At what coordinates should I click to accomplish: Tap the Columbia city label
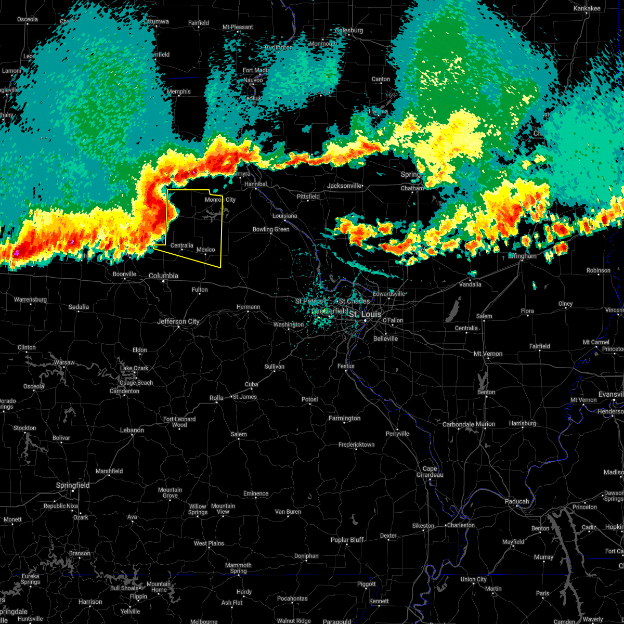(163, 276)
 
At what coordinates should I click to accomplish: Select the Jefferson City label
(178, 321)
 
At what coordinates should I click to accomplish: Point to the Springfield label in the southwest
(73, 485)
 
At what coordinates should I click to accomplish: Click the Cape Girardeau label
(430, 472)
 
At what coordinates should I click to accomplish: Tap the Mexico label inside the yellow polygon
(206, 250)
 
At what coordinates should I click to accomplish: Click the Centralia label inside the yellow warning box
(181, 245)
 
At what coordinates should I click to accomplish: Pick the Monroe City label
(220, 200)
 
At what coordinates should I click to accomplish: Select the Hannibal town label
(255, 184)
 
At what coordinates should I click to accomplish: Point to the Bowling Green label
(271, 229)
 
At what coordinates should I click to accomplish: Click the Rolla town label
(216, 398)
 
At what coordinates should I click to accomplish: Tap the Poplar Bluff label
(347, 540)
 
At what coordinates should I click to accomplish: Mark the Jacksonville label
(344, 186)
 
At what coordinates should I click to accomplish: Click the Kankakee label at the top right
(587, 9)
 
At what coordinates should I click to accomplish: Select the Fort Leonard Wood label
(179, 422)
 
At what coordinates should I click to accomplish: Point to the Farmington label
(344, 418)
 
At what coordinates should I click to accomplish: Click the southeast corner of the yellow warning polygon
(220, 267)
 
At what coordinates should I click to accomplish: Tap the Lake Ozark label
(134, 368)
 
